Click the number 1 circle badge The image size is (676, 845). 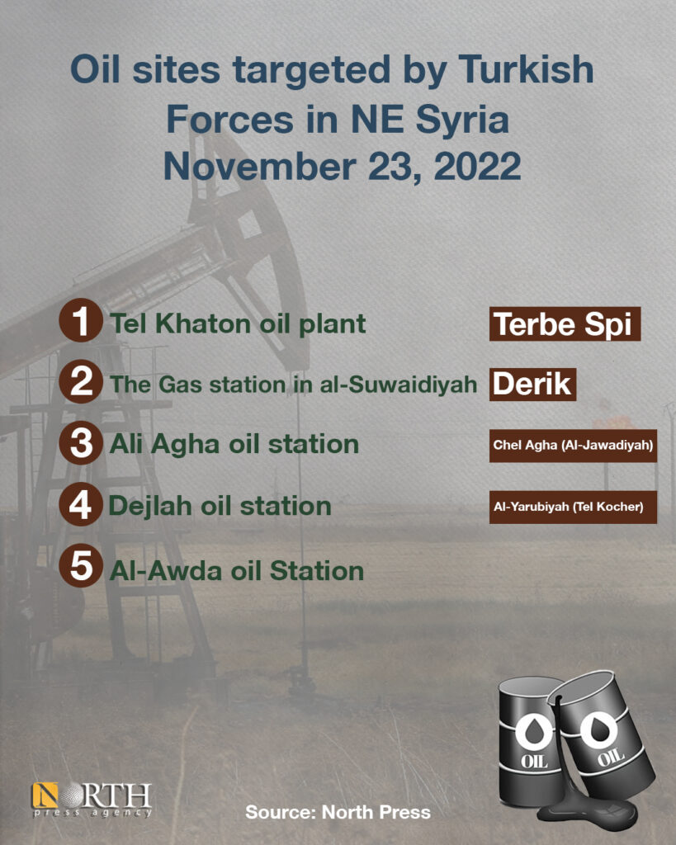pos(81,320)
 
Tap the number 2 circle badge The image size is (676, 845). pos(81,381)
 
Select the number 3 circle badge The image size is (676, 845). pos(81,443)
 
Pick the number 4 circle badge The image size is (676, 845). pos(81,504)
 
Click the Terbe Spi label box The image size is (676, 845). pos(565,323)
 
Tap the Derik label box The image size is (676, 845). pos(532,385)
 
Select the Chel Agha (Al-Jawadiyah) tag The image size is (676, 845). pos(573,446)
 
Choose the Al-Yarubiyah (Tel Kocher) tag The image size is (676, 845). pos(573,507)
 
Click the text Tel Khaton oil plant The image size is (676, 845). pos(238,323)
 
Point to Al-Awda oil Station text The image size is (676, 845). pos(237,571)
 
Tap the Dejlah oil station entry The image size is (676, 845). pos(220,506)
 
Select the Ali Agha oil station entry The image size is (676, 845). pos(234,445)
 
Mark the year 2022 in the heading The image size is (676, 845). pos(477,166)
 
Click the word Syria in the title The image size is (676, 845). pos(462,120)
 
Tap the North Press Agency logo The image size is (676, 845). pos(92,800)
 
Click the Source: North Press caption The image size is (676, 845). pos(338,812)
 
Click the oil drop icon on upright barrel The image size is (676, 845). pos(534,732)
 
